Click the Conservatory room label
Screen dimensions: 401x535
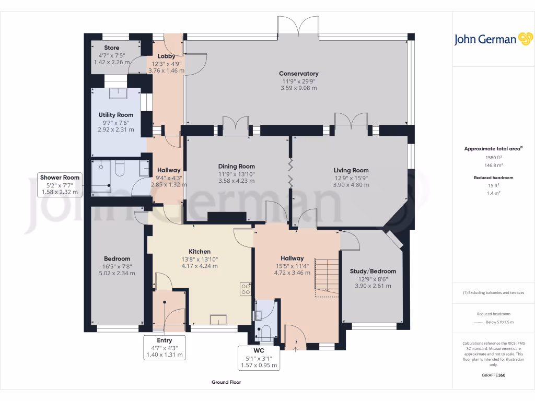pos(298,74)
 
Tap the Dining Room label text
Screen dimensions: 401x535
pos(236,167)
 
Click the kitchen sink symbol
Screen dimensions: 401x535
pos(218,320)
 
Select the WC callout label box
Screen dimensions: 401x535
pos(259,358)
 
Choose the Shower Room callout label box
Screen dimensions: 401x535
pos(60,185)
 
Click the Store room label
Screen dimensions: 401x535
pos(111,48)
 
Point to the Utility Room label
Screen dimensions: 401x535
pos(115,115)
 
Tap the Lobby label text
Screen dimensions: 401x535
pos(167,56)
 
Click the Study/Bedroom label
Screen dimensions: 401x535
pos(373,272)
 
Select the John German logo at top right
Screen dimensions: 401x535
pos(492,40)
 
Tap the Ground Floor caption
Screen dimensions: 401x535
pos(226,382)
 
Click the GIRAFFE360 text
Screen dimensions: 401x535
pos(493,375)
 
